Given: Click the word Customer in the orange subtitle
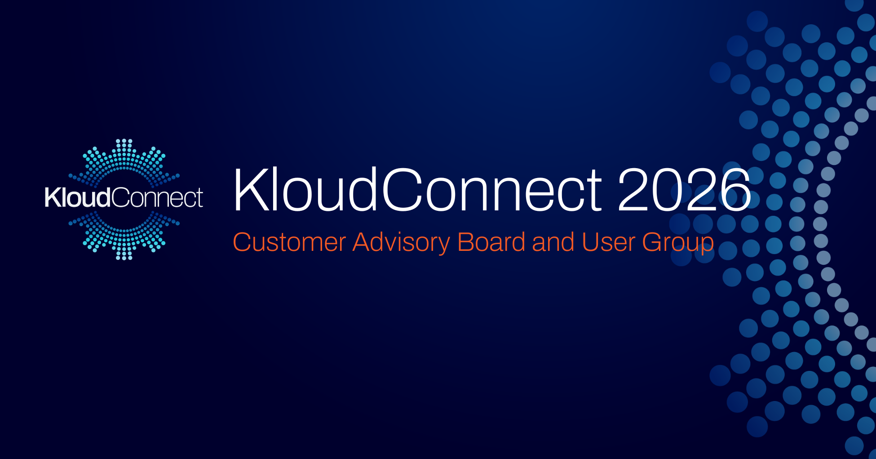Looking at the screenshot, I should [289, 242].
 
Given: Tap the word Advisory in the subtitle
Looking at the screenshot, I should [401, 242].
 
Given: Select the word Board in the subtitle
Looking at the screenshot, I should [491, 242].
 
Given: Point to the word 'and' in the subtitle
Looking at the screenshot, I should [553, 242].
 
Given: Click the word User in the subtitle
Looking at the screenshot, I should [608, 242].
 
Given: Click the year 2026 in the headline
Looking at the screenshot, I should [684, 189].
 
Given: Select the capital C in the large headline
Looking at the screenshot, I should [402, 189].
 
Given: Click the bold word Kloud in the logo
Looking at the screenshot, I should [77, 198].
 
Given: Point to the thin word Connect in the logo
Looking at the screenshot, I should [157, 198].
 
